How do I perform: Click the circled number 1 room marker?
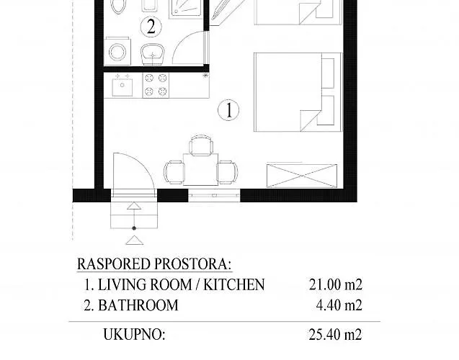coord(228,110)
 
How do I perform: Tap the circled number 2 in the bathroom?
coord(151,27)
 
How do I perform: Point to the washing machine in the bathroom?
coord(115,52)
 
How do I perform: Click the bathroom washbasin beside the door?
coord(152,52)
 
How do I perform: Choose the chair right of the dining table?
coord(227,171)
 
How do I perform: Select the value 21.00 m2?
coord(332,285)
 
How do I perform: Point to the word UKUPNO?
coord(135,334)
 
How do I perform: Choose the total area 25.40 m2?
coord(332,334)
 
